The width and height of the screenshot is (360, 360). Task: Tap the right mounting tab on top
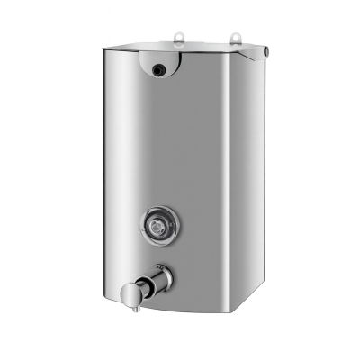click(x=236, y=38)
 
